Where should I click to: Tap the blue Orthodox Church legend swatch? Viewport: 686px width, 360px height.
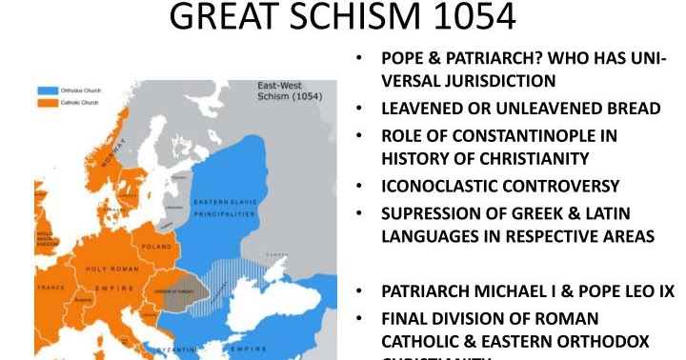coord(48,90)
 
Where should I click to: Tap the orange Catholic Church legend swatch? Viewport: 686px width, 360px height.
coord(48,102)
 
